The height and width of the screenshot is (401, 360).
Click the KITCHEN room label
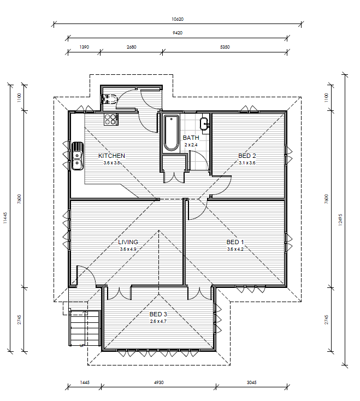click(112, 156)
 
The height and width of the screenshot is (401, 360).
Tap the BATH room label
click(191, 138)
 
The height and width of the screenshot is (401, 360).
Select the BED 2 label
click(247, 156)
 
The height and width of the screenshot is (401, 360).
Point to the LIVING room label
click(128, 242)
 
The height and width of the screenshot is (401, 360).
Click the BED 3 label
click(158, 314)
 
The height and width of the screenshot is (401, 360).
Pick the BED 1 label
click(235, 242)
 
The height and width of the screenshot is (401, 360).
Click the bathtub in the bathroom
click(172, 133)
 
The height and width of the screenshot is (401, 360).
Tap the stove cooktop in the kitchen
click(111, 120)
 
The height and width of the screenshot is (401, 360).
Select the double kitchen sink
click(78, 156)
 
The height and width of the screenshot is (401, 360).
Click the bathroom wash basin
click(204, 124)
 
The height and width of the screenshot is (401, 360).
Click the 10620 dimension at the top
click(178, 19)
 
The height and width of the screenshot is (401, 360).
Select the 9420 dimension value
click(178, 33)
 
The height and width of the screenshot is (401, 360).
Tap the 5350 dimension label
click(225, 47)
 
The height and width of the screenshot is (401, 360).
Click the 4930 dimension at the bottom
click(159, 382)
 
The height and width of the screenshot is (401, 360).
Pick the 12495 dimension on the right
click(340, 220)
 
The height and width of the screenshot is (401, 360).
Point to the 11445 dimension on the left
click(5, 218)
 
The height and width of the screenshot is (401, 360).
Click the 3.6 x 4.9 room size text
click(128, 249)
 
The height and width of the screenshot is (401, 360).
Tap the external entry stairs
click(84, 328)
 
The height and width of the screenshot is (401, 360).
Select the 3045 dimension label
click(252, 382)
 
